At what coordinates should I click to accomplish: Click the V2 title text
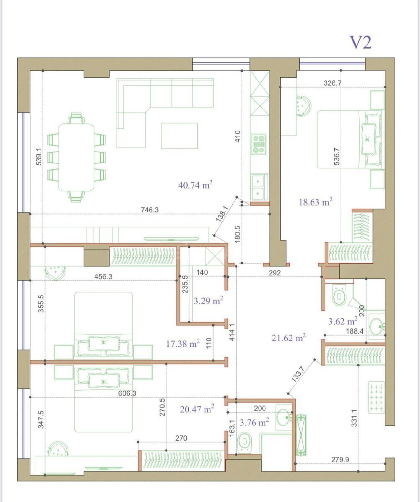(x=360, y=42)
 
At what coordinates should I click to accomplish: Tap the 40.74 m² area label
(x=195, y=185)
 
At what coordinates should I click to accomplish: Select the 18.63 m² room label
(x=315, y=202)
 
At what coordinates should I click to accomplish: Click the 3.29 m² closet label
(x=208, y=301)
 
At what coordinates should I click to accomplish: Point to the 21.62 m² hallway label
(x=288, y=338)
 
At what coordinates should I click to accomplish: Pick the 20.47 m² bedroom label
(x=197, y=409)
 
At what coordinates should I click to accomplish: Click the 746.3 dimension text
(x=150, y=210)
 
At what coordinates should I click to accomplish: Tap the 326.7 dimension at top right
(x=332, y=83)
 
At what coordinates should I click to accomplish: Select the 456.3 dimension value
(x=103, y=276)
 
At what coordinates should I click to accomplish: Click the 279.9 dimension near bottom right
(x=340, y=460)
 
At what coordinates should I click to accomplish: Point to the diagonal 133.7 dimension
(x=297, y=374)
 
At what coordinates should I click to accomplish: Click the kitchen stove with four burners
(x=259, y=144)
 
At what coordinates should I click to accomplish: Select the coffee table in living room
(x=179, y=136)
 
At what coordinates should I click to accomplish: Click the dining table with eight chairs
(x=76, y=157)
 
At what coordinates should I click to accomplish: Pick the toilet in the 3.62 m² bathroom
(x=339, y=295)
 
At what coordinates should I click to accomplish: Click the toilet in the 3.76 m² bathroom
(x=245, y=442)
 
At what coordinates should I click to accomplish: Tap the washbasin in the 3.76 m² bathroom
(x=284, y=417)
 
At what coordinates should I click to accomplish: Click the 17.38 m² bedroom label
(x=183, y=344)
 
